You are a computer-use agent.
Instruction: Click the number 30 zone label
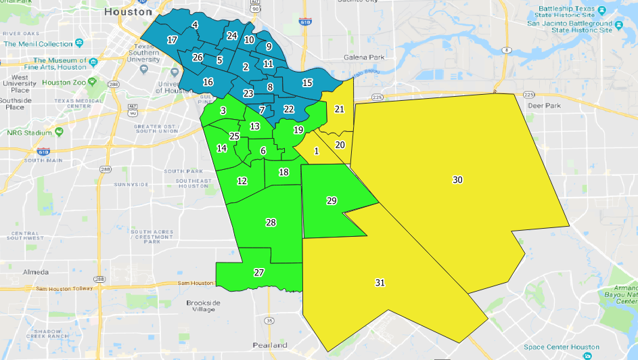pos(458,179)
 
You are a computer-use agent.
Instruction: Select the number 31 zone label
pos(380,282)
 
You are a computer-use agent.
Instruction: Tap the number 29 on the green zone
pos(332,201)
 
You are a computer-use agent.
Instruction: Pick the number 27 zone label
pos(258,273)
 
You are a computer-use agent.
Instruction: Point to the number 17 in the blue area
pos(173,40)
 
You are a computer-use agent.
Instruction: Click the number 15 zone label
pos(307,83)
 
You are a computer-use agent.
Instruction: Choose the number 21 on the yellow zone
pos(340,109)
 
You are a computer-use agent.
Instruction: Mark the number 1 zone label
pos(316,150)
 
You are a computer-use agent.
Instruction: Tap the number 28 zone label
pos(271,223)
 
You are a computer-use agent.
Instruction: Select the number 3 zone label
pos(223,110)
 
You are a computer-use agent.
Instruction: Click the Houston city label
pos(128,12)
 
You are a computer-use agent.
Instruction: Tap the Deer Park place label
pos(545,106)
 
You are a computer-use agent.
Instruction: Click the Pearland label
pos(270,345)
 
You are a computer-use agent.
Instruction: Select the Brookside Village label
pos(200,306)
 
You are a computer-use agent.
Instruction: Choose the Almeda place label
pos(35,272)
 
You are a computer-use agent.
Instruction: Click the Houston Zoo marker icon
pos(92,82)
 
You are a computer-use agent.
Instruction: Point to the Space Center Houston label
pos(557,347)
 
